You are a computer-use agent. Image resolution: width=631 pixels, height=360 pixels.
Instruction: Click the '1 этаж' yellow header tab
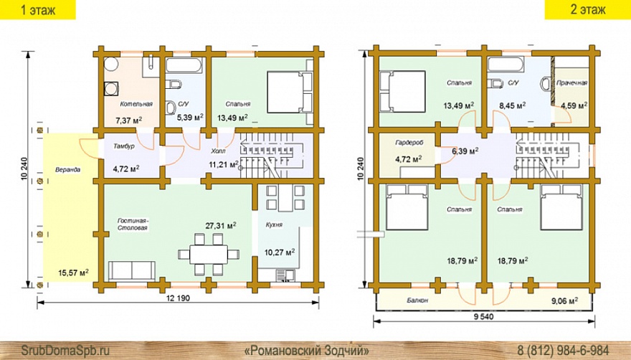(38, 9)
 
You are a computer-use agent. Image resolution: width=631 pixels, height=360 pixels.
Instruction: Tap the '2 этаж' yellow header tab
(587, 9)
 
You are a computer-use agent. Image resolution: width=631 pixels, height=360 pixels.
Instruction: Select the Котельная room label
(136, 104)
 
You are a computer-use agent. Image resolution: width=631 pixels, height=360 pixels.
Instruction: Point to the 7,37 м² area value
(129, 120)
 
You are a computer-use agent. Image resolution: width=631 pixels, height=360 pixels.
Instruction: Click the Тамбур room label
(123, 146)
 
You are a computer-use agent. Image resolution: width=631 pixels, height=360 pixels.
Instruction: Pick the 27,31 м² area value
(221, 225)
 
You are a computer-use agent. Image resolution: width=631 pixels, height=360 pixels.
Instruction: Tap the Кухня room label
(274, 224)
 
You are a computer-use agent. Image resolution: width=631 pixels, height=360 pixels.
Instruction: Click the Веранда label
(67, 169)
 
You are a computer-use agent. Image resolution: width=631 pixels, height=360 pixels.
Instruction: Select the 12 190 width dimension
(178, 298)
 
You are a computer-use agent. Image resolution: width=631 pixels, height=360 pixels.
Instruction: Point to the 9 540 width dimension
(483, 316)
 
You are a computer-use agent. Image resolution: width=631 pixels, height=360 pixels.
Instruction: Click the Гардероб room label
(409, 143)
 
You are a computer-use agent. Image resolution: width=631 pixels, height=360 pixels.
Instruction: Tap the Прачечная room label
(571, 83)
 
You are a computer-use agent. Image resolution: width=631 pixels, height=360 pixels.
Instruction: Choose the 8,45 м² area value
(512, 105)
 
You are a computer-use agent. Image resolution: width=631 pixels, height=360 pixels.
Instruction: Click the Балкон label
(417, 300)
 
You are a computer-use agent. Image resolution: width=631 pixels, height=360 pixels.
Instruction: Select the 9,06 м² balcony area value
(564, 300)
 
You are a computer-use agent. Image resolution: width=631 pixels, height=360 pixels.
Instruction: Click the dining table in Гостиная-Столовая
(209, 254)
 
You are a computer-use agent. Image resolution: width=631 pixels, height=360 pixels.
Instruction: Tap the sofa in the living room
(132, 270)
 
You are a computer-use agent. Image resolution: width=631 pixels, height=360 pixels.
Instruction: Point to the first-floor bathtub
(184, 66)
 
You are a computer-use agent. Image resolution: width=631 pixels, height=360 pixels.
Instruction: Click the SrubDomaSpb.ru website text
(65, 349)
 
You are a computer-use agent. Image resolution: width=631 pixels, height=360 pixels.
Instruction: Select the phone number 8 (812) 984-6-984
(563, 349)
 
